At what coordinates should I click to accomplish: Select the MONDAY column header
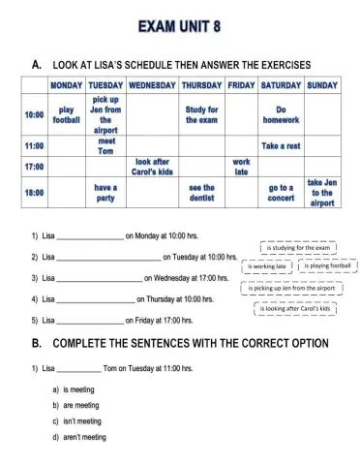tap(66, 85)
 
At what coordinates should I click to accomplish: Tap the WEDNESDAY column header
tap(152, 85)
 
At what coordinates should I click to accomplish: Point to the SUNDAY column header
tap(321, 85)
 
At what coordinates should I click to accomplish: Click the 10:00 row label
tap(33, 114)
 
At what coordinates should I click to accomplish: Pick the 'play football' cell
tap(66, 114)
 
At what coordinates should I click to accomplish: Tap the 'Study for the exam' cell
tap(201, 114)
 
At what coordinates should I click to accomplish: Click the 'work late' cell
tap(241, 167)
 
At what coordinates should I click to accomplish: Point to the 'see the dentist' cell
tap(201, 194)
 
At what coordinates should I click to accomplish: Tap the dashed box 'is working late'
tap(268, 265)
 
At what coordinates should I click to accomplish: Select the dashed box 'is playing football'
tap(329, 265)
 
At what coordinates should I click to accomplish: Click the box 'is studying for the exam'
tap(300, 247)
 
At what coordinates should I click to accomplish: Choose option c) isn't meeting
tap(82, 421)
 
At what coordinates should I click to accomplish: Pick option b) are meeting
tap(82, 405)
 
